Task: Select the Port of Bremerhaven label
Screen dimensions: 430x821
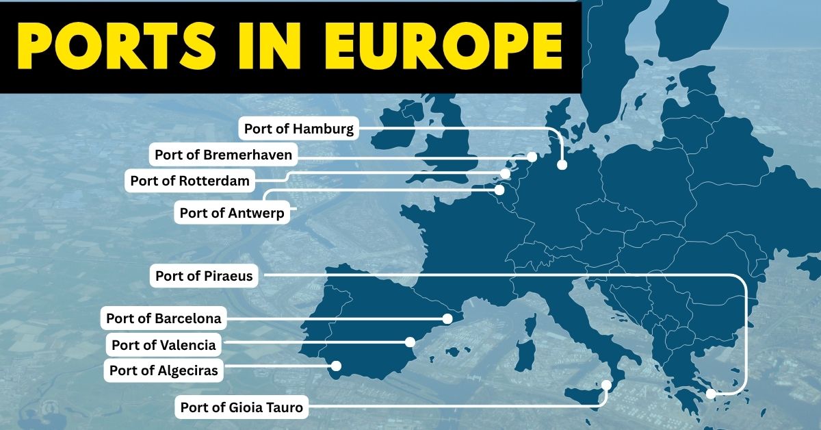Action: (223, 155)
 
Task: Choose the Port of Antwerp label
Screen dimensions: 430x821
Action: (231, 212)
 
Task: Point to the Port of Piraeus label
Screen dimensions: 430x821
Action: (204, 276)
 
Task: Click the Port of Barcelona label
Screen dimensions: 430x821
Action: (164, 318)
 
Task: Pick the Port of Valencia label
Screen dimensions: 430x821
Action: (164, 344)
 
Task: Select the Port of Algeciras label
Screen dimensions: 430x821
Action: (164, 370)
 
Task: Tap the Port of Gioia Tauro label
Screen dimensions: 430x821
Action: (241, 407)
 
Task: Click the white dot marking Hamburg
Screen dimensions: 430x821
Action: (562, 165)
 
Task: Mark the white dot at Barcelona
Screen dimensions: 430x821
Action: (447, 318)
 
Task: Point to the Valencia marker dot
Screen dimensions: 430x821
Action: (410, 342)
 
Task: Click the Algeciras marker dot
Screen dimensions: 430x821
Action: (336, 366)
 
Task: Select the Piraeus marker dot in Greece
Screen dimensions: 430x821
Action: (711, 394)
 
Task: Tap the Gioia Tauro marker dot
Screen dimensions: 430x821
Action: (606, 386)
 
